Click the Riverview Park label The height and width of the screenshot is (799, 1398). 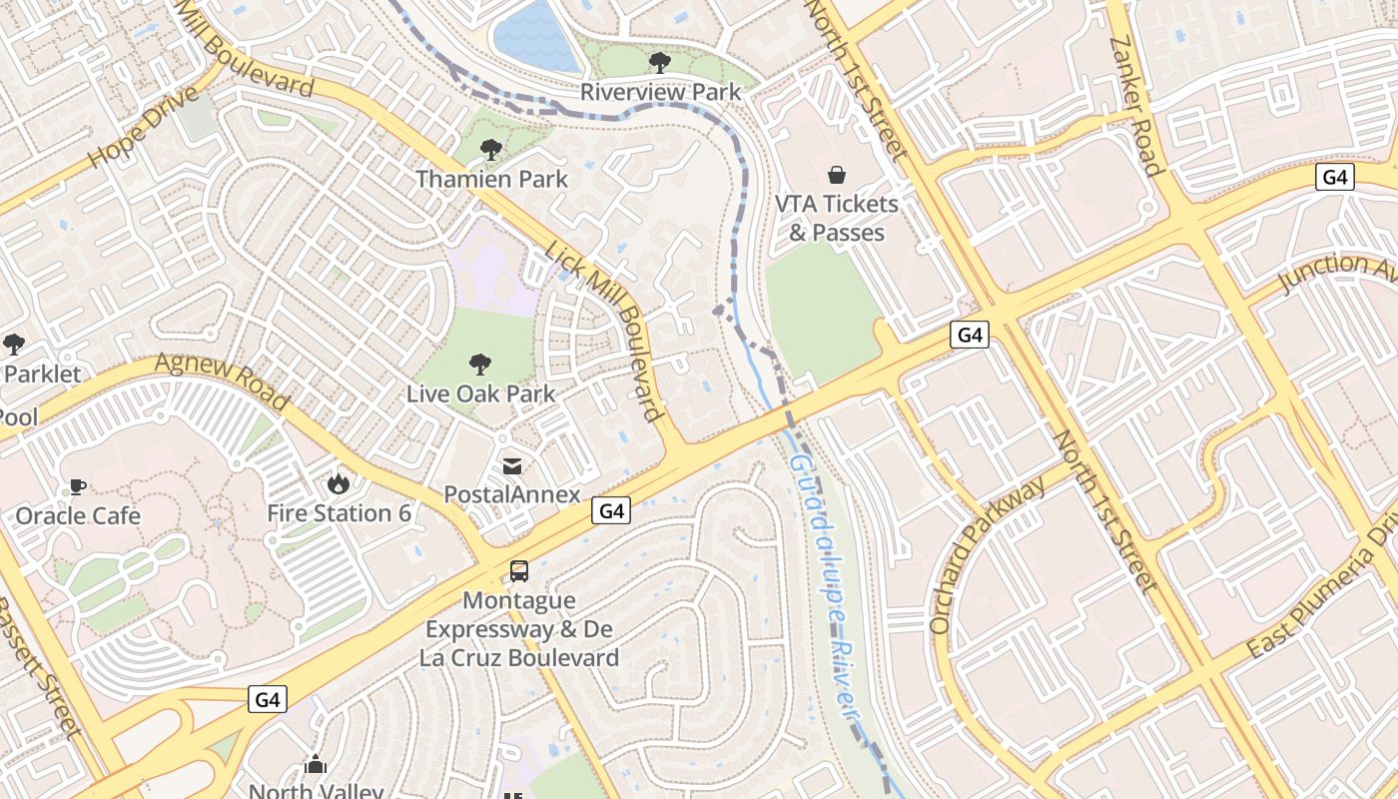[661, 93]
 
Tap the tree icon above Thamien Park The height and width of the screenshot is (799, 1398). [490, 151]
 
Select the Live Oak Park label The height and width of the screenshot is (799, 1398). [480, 394]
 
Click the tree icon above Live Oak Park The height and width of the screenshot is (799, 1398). [480, 365]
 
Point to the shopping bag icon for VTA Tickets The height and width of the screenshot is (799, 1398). [837, 175]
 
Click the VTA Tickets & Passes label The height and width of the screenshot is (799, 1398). [837, 218]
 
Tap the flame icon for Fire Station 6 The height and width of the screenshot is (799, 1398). [339, 484]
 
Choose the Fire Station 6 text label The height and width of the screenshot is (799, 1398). [339, 513]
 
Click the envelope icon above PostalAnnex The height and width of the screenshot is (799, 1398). [512, 465]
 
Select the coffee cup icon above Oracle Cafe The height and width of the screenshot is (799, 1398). [77, 486]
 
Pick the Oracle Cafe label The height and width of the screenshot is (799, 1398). [78, 516]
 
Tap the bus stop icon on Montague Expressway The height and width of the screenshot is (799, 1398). [519, 571]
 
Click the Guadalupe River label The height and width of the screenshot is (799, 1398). [825, 589]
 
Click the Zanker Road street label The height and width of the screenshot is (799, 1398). [1136, 105]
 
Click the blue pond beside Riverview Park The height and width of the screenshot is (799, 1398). [536, 35]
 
